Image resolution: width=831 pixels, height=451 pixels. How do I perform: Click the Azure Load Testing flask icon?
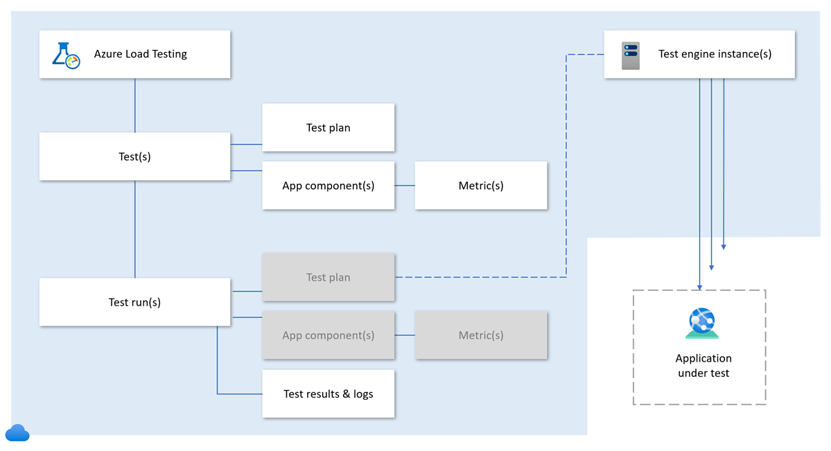click(66, 55)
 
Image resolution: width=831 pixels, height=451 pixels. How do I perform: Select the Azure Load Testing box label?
click(141, 54)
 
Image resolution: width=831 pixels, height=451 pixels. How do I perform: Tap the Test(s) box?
click(134, 157)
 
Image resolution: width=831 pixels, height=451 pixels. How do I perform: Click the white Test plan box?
click(328, 127)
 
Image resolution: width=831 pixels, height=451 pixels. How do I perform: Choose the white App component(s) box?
click(328, 186)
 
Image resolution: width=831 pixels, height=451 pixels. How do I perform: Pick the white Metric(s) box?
click(480, 186)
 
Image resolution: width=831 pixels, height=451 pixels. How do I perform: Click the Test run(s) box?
click(134, 302)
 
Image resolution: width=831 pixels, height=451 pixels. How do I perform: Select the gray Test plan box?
click(328, 277)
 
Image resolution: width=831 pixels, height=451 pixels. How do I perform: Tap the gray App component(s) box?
click(328, 335)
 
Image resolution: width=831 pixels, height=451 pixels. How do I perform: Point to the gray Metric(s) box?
click(480, 335)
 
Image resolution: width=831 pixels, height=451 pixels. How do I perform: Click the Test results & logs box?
click(328, 393)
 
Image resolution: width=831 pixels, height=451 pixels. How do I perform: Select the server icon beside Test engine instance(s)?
click(631, 55)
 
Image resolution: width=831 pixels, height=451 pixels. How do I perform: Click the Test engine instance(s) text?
click(715, 54)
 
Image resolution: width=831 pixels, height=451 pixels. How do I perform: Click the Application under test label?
click(703, 366)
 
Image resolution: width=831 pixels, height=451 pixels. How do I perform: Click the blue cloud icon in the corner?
click(17, 433)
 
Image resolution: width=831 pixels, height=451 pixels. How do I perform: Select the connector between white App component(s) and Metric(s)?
click(405, 186)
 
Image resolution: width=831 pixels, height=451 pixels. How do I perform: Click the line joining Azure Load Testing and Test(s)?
click(134, 105)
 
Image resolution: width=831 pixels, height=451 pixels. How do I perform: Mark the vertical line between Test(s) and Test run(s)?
click(134, 229)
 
